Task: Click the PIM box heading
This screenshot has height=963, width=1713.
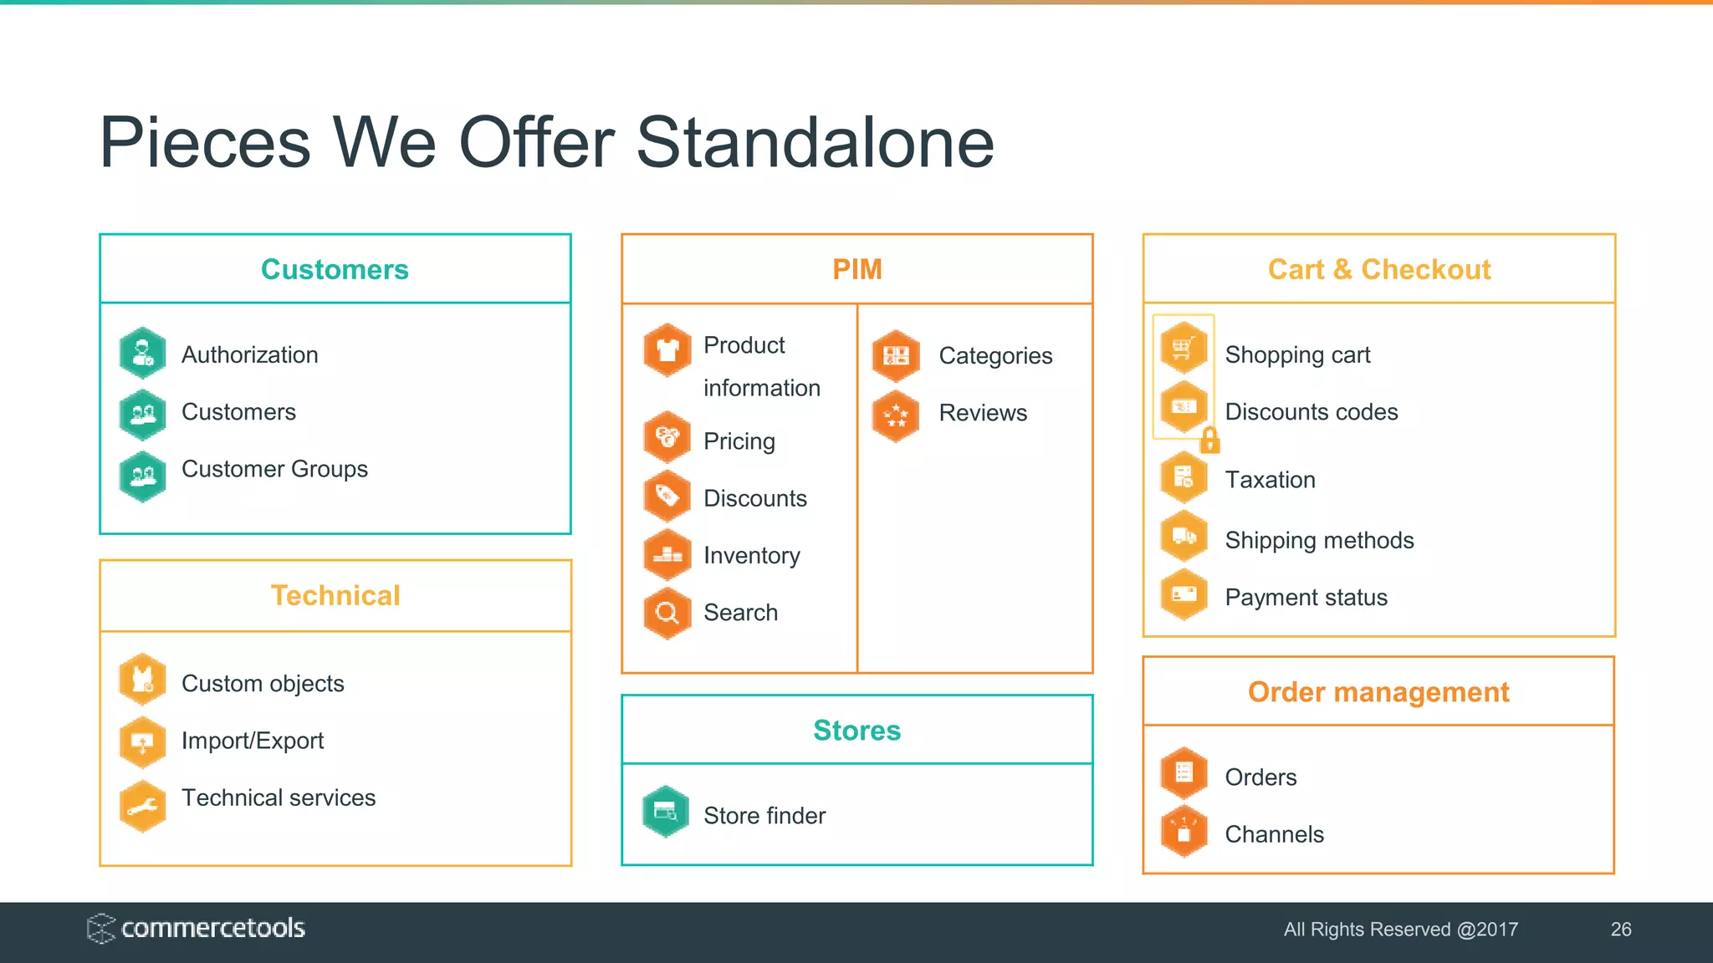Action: click(856, 269)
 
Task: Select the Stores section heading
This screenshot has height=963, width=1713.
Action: click(856, 730)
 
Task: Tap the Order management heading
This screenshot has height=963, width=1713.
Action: click(1378, 692)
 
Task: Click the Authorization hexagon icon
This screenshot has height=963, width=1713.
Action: click(143, 353)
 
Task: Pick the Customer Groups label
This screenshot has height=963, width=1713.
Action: click(274, 469)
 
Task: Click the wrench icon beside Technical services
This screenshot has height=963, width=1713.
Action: click(143, 806)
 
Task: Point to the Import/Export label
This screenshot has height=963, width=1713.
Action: click(252, 741)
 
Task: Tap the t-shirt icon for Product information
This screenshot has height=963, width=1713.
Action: click(667, 349)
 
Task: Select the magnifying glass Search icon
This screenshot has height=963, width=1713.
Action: click(667, 614)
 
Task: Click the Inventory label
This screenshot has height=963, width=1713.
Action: click(751, 555)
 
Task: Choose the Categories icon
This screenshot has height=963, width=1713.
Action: click(896, 356)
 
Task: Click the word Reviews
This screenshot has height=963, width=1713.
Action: click(983, 413)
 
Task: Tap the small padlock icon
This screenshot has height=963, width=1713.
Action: click(1209, 439)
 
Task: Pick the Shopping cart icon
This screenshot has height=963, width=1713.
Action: click(1184, 347)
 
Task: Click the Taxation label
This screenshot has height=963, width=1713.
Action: click(1270, 480)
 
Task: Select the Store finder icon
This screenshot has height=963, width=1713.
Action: click(666, 811)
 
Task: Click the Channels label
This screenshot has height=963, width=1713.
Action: click(1274, 834)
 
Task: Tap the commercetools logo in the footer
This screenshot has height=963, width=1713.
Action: click(197, 928)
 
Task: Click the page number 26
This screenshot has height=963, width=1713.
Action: click(1620, 930)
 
